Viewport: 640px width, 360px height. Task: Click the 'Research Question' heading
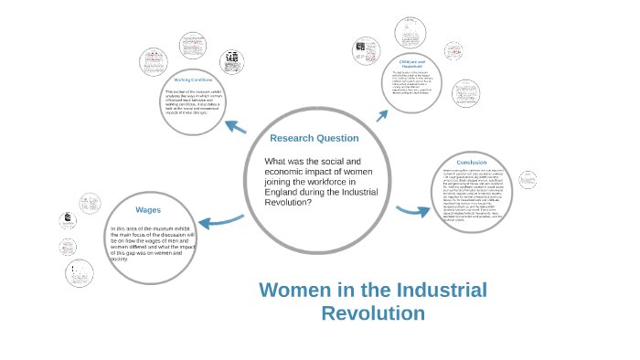tap(314, 138)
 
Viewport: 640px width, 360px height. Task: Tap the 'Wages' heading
tap(147, 209)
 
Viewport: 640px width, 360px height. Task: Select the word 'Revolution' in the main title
tap(373, 313)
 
